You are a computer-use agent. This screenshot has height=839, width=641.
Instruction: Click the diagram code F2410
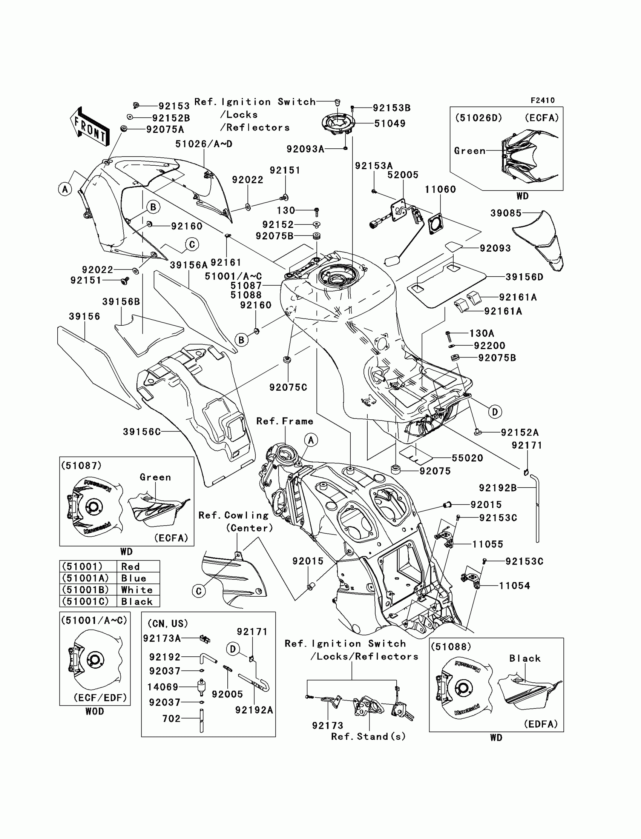pos(543,100)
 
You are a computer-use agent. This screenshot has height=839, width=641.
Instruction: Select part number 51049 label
pos(390,123)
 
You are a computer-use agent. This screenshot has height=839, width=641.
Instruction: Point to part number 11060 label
pos(440,189)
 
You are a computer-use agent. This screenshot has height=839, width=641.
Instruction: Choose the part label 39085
pos(506,213)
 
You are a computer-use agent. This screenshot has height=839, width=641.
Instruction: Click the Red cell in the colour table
pos(130,567)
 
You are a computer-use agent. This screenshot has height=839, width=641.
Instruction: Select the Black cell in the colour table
pos(136,602)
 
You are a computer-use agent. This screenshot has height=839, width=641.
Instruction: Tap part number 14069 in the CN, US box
pos(163,687)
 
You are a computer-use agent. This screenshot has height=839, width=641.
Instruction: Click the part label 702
pos(171,718)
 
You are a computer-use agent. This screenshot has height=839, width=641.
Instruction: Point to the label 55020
pos(468,458)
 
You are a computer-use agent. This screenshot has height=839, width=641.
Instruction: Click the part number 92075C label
pos(288,387)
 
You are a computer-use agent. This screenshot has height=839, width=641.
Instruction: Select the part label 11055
pos(488,544)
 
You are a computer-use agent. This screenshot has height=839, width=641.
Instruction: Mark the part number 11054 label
pos(514,585)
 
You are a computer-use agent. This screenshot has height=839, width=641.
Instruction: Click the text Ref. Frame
pos(285,421)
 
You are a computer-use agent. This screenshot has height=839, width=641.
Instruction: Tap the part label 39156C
pos(141,431)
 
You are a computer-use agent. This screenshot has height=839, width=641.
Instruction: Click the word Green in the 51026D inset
pos(470,151)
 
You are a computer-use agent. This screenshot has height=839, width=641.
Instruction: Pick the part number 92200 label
pos(489,346)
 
